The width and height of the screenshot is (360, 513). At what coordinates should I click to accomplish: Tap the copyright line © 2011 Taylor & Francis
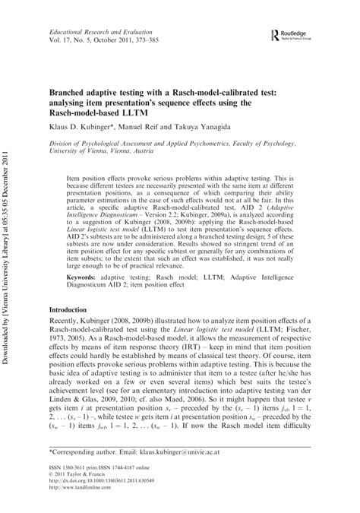point(83,477)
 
